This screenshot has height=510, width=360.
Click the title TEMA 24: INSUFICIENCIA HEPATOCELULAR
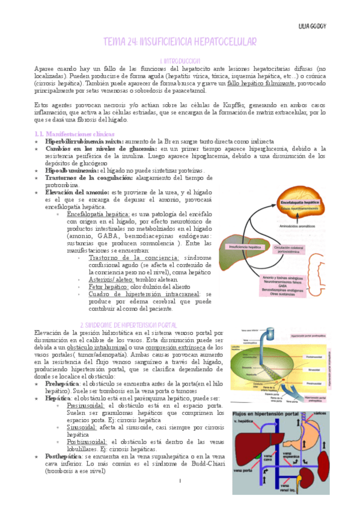pyautogui.click(x=180, y=42)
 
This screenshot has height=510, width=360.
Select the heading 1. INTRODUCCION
pyautogui.click(x=180, y=61)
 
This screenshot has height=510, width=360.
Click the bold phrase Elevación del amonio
pyautogui.click(x=76, y=192)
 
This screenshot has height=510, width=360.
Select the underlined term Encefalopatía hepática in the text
pyautogui.click(x=99, y=214)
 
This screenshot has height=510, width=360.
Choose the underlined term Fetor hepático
pyautogui.click(x=106, y=287)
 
